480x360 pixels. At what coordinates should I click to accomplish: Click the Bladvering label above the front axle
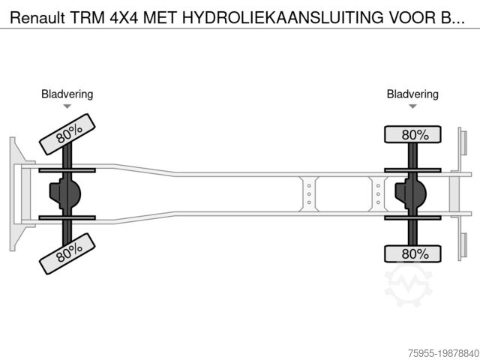pyautogui.click(x=67, y=94)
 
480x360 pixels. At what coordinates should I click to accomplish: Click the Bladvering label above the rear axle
pyautogui.click(x=412, y=94)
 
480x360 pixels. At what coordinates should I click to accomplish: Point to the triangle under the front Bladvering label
pyautogui.click(x=67, y=107)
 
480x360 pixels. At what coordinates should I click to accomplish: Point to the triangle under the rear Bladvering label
pyautogui.click(x=412, y=107)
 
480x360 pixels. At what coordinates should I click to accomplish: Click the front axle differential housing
pyautogui.click(x=64, y=193)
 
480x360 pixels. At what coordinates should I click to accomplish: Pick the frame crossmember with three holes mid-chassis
pyautogui.click(x=308, y=193)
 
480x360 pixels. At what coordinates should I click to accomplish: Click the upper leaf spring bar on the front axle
pyautogui.click(x=67, y=170)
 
